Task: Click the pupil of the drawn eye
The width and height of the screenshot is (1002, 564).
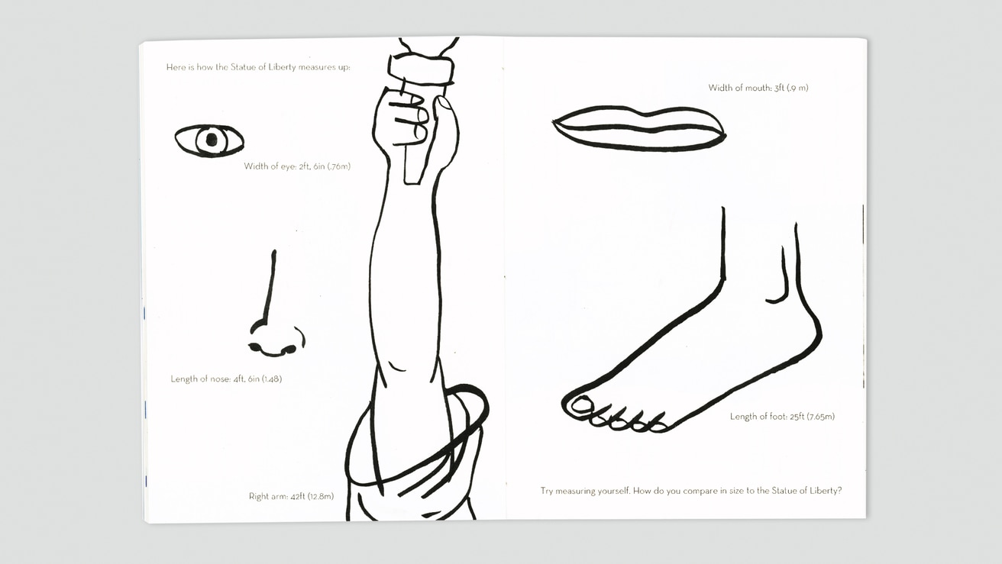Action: point(212,140)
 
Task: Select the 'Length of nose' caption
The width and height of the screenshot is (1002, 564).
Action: point(226,379)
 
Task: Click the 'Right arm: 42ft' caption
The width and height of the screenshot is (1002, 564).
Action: point(291,496)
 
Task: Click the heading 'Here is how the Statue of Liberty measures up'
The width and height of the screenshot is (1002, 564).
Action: point(258,67)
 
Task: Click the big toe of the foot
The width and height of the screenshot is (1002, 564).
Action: point(581,406)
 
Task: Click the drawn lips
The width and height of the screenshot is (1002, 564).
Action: point(639,129)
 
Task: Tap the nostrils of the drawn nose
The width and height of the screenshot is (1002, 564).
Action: point(273,349)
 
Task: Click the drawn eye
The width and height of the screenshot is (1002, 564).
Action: point(209,140)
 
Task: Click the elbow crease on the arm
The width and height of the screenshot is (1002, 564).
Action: point(396,366)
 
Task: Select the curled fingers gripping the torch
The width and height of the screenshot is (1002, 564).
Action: point(408,120)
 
